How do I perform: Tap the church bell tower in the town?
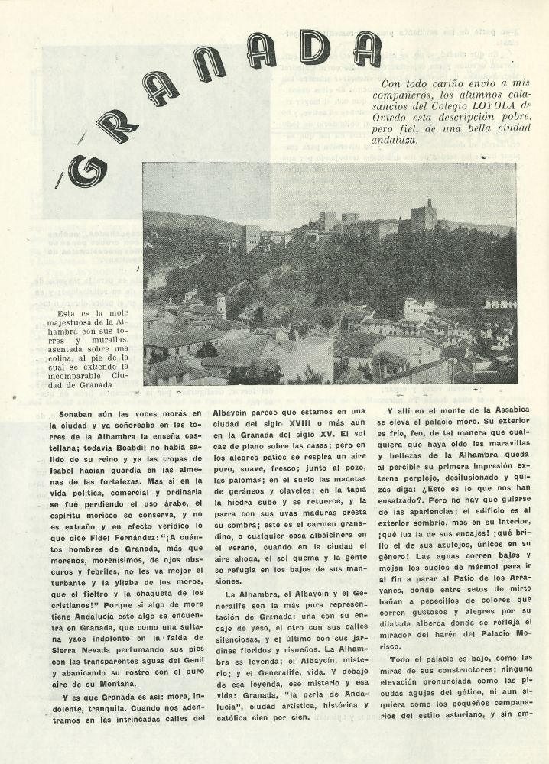[220, 306]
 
